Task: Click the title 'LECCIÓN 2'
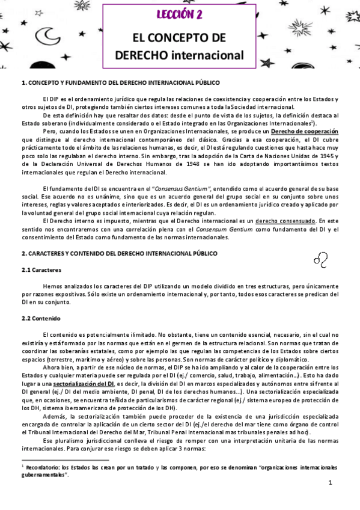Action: pos(180,14)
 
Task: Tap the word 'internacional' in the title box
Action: pos(207,55)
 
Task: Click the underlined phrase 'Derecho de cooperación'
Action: pos(305,131)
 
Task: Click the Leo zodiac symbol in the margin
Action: pos(320,259)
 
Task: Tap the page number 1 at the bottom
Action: pos(331,483)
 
